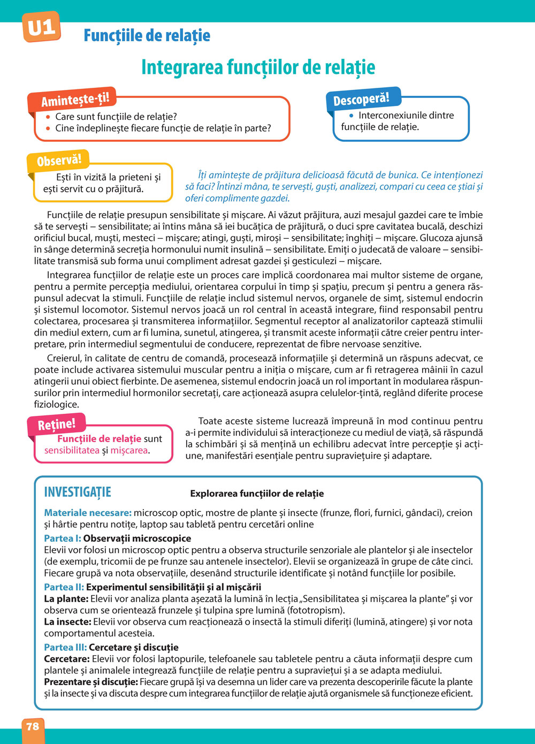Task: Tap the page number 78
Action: (x=33, y=726)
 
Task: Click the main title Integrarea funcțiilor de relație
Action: (x=258, y=67)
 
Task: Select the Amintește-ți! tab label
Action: (x=75, y=100)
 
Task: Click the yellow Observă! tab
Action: (x=59, y=160)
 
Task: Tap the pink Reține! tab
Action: (x=56, y=425)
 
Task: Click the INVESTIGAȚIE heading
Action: (x=78, y=492)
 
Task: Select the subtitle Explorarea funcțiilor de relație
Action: (x=257, y=494)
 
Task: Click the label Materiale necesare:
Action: (x=88, y=513)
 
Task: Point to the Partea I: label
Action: (x=62, y=538)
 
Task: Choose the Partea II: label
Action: (x=64, y=587)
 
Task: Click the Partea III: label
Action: (x=65, y=647)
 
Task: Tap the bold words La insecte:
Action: (x=67, y=622)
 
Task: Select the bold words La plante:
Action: (x=66, y=599)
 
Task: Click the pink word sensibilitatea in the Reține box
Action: (x=72, y=450)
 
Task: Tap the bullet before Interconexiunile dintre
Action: (x=351, y=116)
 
